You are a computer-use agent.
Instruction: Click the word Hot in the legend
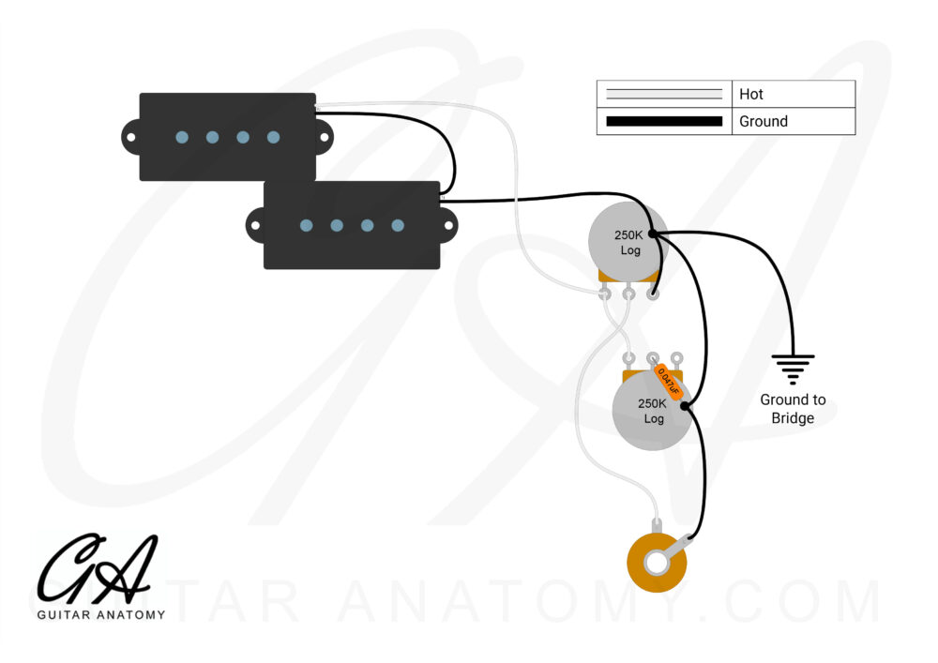coord(750,95)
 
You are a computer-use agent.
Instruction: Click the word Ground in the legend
coord(764,121)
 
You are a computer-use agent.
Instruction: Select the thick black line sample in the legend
coord(664,121)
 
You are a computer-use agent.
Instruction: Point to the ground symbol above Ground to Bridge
coord(793,369)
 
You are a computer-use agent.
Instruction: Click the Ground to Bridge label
coord(793,409)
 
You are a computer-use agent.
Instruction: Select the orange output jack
coord(657,561)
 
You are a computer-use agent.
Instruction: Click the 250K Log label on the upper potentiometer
coord(628,242)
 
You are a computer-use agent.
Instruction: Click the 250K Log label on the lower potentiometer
coord(653,411)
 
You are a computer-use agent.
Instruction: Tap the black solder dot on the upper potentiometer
coord(653,234)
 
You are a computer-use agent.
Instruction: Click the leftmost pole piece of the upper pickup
coord(182,137)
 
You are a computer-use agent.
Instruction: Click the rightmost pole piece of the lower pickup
coord(398,225)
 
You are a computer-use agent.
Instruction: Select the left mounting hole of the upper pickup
coord(131,137)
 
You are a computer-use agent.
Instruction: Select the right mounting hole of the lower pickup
coord(448,225)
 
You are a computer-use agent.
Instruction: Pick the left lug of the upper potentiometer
coord(605,294)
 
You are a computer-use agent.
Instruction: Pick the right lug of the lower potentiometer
coord(676,359)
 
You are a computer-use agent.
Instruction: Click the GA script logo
coord(98,568)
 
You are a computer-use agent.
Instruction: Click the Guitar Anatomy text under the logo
coord(101,614)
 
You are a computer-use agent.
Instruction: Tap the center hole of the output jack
coord(657,564)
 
